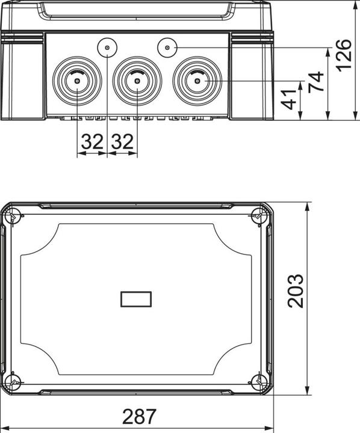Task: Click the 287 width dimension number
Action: [x=139, y=416]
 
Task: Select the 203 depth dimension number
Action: [x=296, y=291]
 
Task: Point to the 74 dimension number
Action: [x=316, y=81]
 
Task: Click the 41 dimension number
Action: [x=289, y=99]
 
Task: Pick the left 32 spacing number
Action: [x=92, y=141]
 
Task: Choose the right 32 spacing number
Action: [x=122, y=141]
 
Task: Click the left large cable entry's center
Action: [x=77, y=81]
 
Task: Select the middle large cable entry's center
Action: [x=137, y=81]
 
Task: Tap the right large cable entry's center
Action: [x=197, y=81]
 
